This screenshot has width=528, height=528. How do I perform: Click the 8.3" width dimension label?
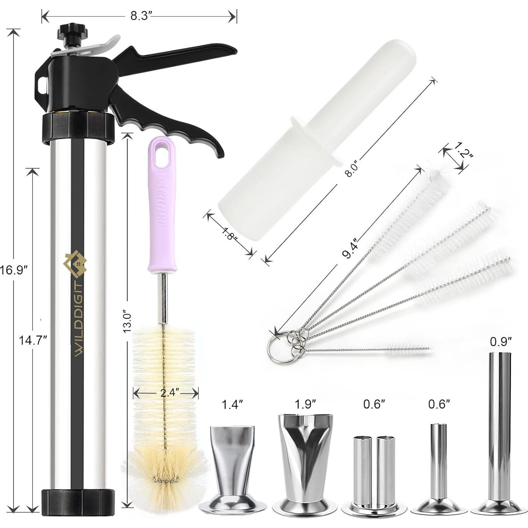click(141, 16)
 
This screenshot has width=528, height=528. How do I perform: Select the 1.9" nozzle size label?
click(305, 404)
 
